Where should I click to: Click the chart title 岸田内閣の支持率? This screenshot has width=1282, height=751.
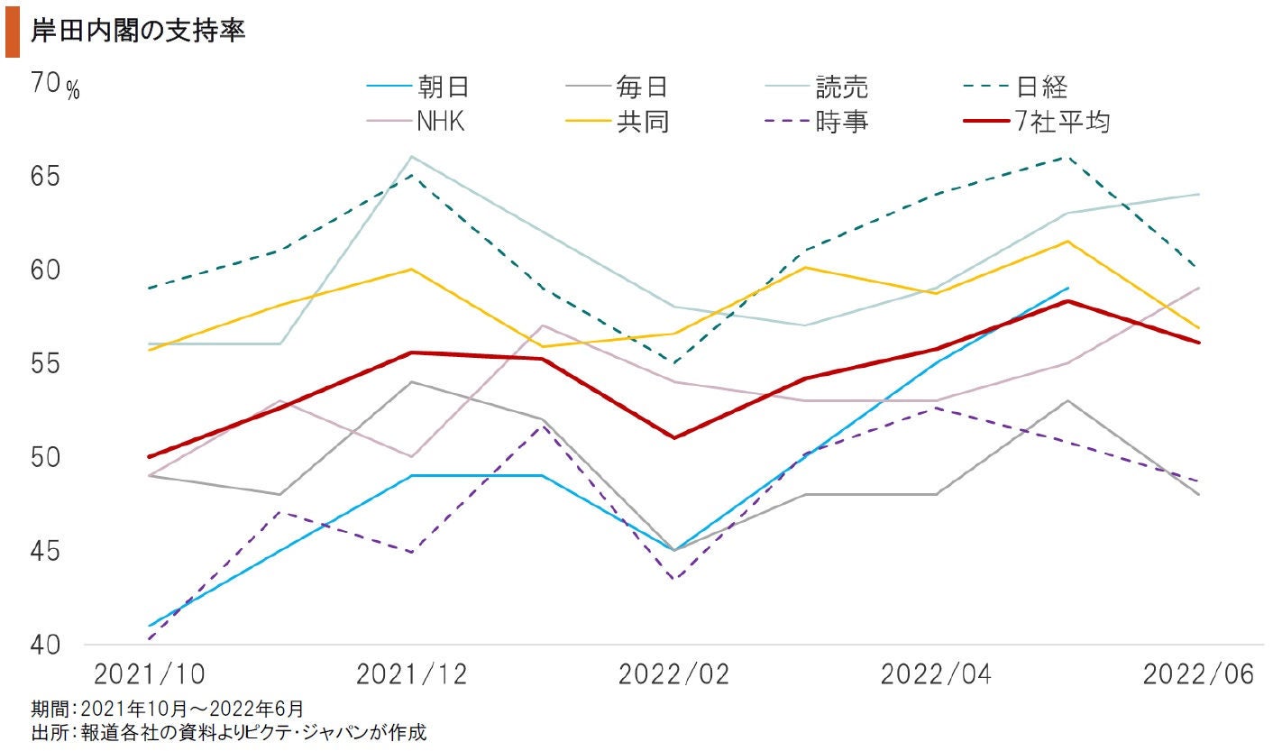point(138,31)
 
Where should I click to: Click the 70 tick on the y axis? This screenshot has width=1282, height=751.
point(44,84)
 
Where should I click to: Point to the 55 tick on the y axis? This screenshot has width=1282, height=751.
point(44,364)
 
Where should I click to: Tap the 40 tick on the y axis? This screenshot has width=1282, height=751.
point(44,645)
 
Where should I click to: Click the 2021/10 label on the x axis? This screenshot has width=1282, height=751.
point(148,674)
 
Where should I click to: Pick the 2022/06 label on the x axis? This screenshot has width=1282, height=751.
point(1198,674)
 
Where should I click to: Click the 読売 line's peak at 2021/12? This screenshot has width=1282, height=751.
point(411,157)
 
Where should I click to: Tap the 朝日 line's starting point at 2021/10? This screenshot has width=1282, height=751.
point(149,626)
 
